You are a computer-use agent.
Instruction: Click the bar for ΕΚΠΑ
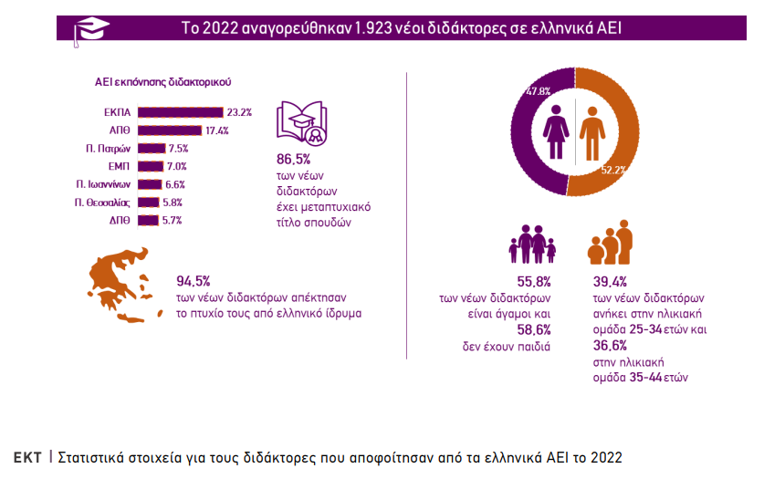pos(180,112)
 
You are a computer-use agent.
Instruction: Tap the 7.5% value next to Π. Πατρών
pos(178,149)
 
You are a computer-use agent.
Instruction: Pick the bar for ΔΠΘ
pos(149,220)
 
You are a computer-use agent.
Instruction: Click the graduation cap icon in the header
pos(91,28)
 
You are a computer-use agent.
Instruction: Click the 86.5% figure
pos(291,160)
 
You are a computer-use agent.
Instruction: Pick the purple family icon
pos(532,245)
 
